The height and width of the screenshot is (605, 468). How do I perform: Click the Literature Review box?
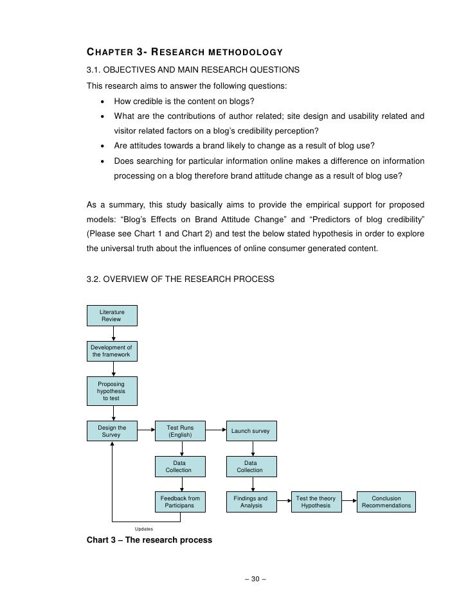pyautogui.click(x=113, y=315)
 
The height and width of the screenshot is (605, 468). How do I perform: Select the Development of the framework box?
pyautogui.click(x=113, y=351)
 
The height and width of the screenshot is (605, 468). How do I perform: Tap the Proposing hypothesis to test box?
pyautogui.click(x=113, y=391)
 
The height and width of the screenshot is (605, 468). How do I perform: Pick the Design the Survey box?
pyautogui.click(x=113, y=431)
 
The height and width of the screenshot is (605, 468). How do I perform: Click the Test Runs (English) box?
pyautogui.click(x=180, y=431)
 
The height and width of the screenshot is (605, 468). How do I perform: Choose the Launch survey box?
pyautogui.click(x=251, y=431)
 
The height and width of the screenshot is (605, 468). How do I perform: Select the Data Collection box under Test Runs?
pyautogui.click(x=180, y=466)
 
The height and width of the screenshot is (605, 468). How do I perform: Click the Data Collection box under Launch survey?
pyautogui.click(x=251, y=466)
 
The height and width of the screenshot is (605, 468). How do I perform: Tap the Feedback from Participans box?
pyautogui.click(x=180, y=502)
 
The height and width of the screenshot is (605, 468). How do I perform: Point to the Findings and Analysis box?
pyautogui.click(x=251, y=502)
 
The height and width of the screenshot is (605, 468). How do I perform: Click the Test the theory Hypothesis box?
pyautogui.click(x=316, y=502)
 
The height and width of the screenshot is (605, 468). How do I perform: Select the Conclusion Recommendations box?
pyautogui.click(x=386, y=502)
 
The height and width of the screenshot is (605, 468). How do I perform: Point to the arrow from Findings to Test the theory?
pyautogui.click(x=283, y=502)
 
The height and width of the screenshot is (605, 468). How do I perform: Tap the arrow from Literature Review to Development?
pyautogui.click(x=113, y=333)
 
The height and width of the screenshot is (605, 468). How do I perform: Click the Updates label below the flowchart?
pyautogui.click(x=144, y=529)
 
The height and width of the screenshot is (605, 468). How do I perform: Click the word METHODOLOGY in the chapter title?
pyautogui.click(x=242, y=51)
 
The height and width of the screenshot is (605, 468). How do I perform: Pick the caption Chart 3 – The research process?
pyautogui.click(x=149, y=540)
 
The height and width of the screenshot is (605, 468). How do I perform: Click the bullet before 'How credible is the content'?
pyautogui.click(x=102, y=101)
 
